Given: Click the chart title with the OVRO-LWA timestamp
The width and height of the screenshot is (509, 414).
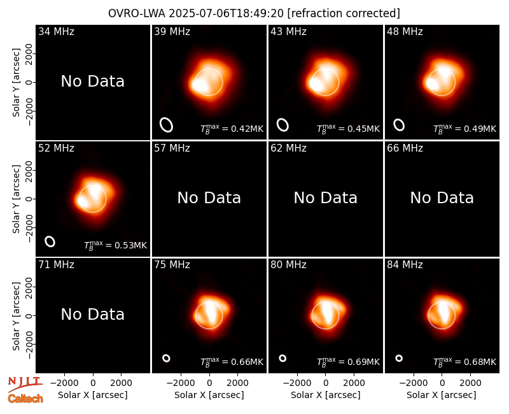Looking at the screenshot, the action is pyautogui.click(x=254, y=13).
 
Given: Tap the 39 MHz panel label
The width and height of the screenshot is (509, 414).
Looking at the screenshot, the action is pyautogui.click(x=172, y=31).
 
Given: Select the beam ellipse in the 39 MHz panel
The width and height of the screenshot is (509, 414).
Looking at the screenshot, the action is pyautogui.click(x=166, y=125).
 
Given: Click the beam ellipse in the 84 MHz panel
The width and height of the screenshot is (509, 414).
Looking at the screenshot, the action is pyautogui.click(x=399, y=358).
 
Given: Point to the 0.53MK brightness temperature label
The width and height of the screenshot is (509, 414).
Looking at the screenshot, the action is pyautogui.click(x=115, y=245).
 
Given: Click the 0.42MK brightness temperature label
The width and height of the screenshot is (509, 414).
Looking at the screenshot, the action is pyautogui.click(x=232, y=129).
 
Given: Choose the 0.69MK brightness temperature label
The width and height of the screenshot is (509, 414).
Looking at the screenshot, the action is pyautogui.click(x=348, y=362).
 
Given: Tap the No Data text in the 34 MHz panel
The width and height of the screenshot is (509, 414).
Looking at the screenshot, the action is pyautogui.click(x=92, y=82).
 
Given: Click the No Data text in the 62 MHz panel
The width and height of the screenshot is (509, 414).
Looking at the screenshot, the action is pyautogui.click(x=325, y=197).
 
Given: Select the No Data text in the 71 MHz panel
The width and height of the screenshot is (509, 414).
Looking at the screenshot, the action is pyautogui.click(x=92, y=314).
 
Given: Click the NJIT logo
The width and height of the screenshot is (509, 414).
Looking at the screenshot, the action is pyautogui.click(x=25, y=384).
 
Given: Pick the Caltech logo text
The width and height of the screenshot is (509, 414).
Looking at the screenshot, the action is pyautogui.click(x=25, y=399).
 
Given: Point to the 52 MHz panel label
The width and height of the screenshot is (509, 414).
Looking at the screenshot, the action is pyautogui.click(x=56, y=148).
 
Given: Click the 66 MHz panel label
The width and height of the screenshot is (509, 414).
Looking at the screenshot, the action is pyautogui.click(x=405, y=148).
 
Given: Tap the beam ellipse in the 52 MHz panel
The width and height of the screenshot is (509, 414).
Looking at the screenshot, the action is pyautogui.click(x=50, y=241).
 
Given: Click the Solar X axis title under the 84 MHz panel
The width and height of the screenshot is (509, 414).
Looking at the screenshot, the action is pyautogui.click(x=442, y=395).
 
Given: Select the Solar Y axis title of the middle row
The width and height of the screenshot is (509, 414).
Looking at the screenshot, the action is pyautogui.click(x=16, y=199).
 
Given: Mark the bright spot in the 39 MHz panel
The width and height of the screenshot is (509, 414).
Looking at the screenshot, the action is pyautogui.click(x=199, y=85).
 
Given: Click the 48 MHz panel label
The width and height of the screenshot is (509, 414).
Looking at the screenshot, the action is pyautogui.click(x=405, y=31).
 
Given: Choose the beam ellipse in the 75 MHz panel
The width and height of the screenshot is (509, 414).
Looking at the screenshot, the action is pyautogui.click(x=166, y=358).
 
